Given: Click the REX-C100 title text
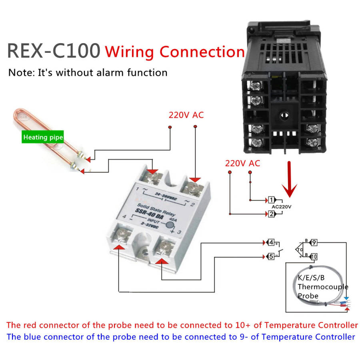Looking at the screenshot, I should pos(54,51).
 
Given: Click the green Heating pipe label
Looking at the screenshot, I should pos(43,138).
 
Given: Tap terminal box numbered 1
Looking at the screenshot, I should pos(271,200).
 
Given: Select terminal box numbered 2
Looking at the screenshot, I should pos(271,214).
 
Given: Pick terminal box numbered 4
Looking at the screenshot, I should pos(271,242).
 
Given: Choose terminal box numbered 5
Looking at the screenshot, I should pos(271,256).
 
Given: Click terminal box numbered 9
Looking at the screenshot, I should pos(314,242).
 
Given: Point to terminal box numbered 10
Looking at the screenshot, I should pos(314,256).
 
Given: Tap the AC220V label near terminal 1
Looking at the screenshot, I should pos(282,207).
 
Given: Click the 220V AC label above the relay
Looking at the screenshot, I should pos(186,115).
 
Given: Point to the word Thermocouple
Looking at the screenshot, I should pos(323,287).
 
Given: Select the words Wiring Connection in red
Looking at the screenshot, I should pos(174,52).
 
